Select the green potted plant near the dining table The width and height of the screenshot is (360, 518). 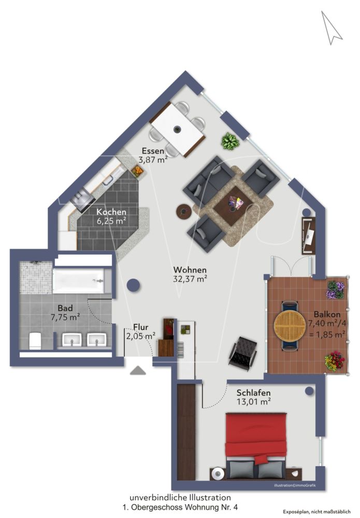click(229, 140)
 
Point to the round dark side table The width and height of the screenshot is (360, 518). click(183, 211)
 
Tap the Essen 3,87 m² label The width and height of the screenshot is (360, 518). click(154, 155)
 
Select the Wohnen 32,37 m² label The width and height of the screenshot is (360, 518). click(190, 274)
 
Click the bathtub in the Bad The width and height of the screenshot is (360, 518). click(82, 281)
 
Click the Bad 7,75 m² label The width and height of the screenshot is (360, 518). click(65, 312)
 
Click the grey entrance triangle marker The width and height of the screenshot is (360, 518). click(138, 370)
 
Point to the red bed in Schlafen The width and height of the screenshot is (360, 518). click(256, 438)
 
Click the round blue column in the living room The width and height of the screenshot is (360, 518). click(134, 284)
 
